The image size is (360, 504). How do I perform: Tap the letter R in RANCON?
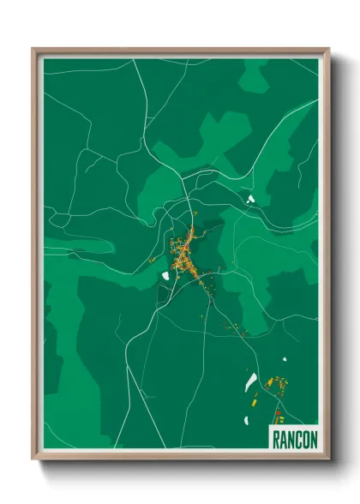coord(276,439)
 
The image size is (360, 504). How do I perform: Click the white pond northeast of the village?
coord(251,199)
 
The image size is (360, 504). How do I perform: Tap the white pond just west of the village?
coord(164,276)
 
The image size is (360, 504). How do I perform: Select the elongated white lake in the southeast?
coord(251,381)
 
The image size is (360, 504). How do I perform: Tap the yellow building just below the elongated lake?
coord(254,399)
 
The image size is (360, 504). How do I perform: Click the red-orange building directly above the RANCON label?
coord(283,415)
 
